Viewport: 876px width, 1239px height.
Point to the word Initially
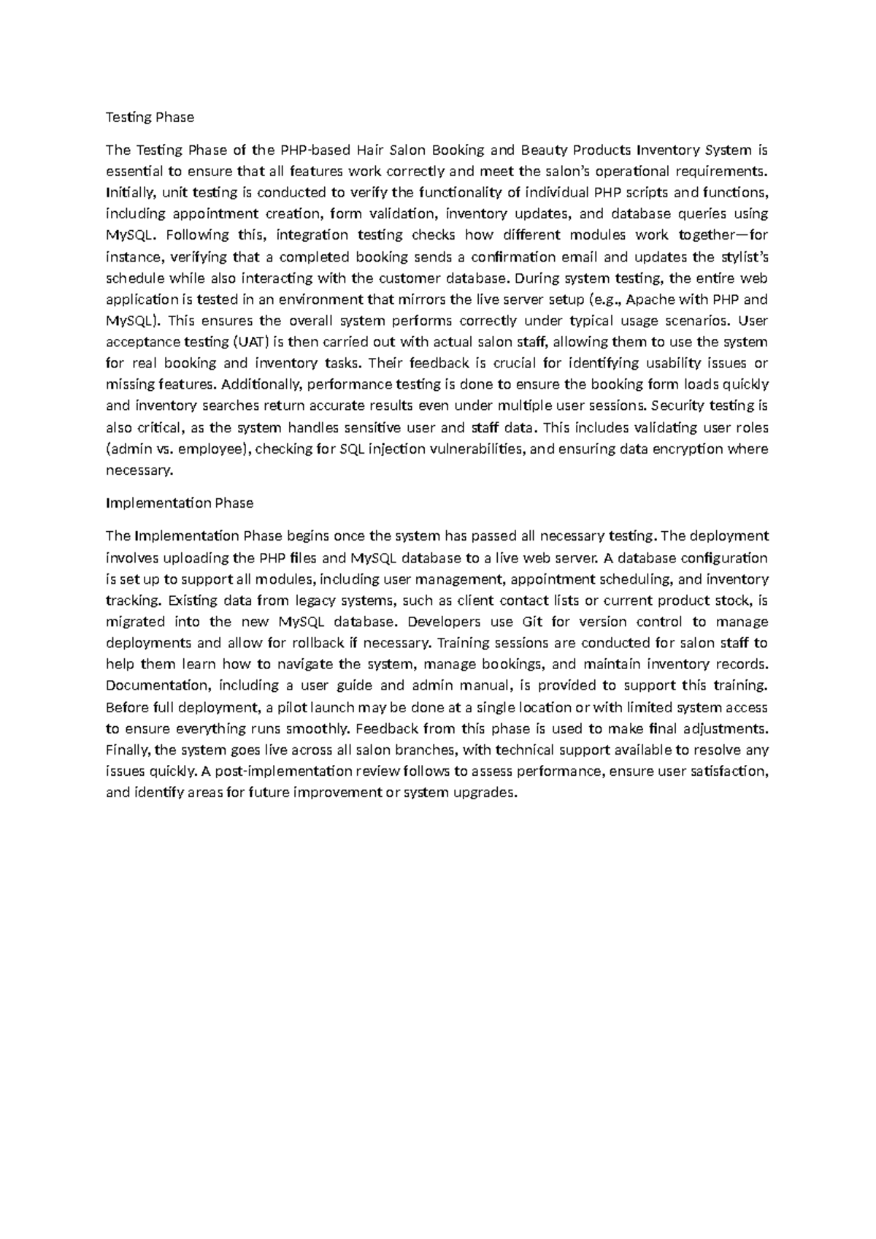(x=130, y=193)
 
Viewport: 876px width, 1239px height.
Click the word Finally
(x=128, y=750)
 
